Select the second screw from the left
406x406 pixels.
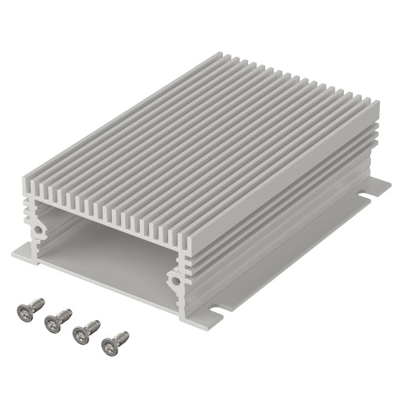coord(57,320)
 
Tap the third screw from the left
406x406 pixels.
coord(85,331)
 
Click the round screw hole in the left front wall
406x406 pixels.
coord(38,230)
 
